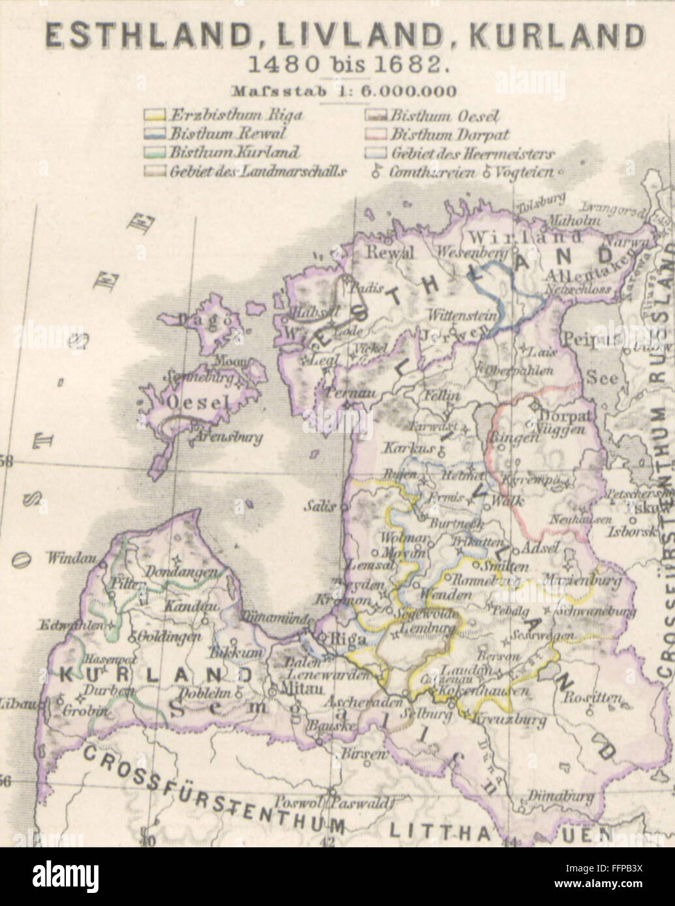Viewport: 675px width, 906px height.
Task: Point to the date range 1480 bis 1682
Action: [x=337, y=65]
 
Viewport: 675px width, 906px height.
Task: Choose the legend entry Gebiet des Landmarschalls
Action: [x=258, y=172]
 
